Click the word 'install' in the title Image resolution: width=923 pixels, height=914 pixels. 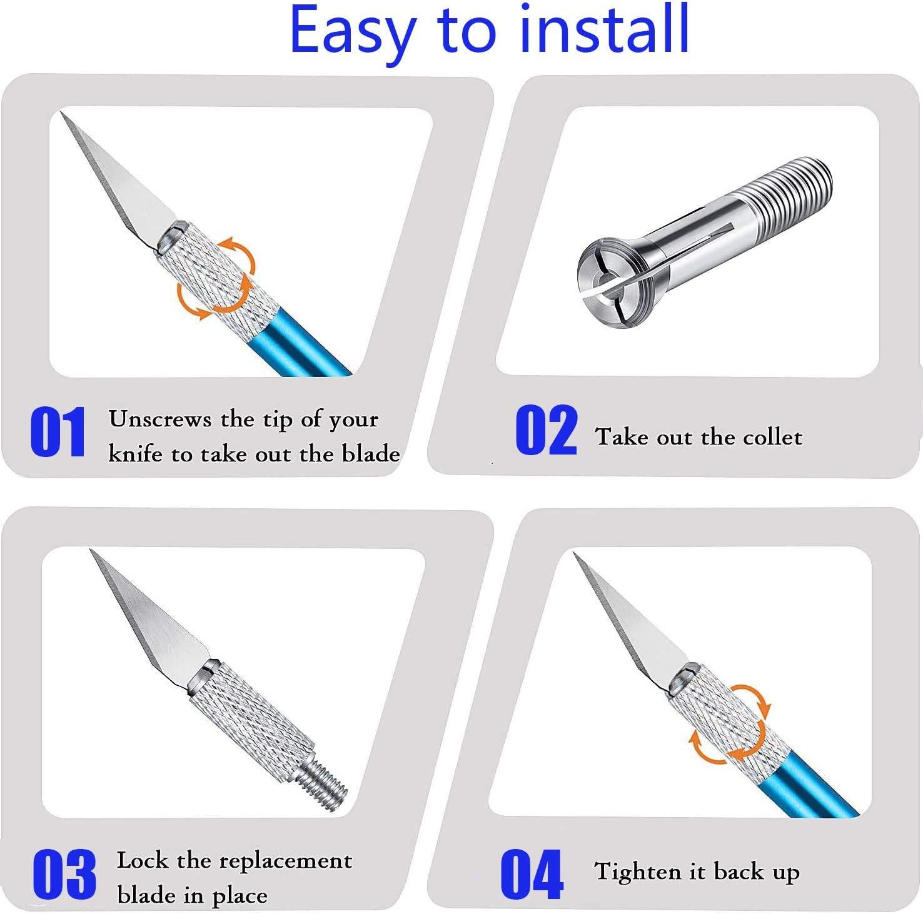(605, 29)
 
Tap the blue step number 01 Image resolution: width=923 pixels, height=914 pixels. (58, 432)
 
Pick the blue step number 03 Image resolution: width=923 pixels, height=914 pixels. (64, 874)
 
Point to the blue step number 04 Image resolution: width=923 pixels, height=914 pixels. (532, 874)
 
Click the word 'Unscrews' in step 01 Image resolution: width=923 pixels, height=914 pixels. (159, 419)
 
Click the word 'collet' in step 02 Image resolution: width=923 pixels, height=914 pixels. (772, 437)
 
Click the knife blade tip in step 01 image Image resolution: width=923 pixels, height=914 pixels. (63, 114)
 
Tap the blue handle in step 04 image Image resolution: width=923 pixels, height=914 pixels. (813, 788)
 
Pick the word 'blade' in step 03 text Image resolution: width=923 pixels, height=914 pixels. (146, 895)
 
